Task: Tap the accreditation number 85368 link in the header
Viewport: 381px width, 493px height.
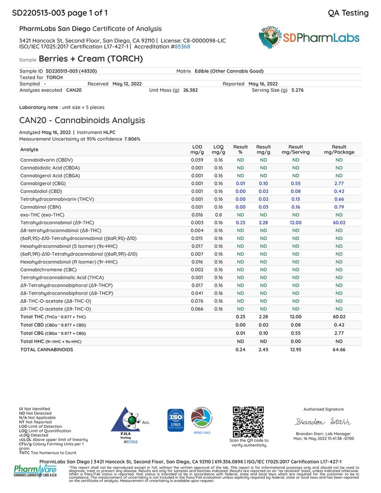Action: [182, 46]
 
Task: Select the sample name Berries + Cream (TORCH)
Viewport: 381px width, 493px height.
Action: [91, 59]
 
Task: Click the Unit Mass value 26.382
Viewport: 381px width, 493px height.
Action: [190, 90]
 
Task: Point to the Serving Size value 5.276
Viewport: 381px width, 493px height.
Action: [298, 90]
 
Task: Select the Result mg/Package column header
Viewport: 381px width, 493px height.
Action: [339, 149]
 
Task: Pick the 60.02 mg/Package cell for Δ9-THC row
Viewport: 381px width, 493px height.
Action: [339, 222]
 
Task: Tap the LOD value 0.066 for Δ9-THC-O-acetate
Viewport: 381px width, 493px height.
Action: [197, 309]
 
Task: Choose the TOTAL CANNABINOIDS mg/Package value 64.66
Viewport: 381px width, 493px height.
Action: [339, 350]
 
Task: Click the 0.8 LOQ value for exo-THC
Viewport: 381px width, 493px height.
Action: [218, 214]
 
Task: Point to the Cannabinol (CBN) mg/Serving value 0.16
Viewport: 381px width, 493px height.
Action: [295, 207]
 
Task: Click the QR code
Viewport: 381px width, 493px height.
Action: [248, 421]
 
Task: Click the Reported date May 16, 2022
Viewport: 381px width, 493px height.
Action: [263, 83]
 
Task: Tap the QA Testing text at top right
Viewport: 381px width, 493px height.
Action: [348, 13]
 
